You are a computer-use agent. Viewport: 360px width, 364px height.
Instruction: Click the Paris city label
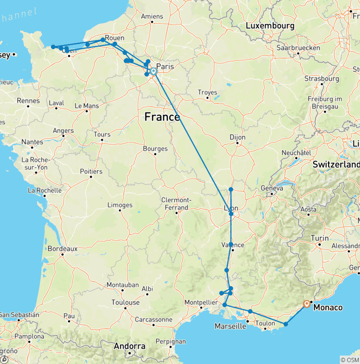pos(165,67)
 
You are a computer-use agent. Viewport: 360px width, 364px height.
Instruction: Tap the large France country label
pos(162,116)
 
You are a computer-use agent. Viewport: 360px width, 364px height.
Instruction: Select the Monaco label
pos(328,308)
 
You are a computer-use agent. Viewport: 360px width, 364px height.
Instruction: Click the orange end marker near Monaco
pos(307,303)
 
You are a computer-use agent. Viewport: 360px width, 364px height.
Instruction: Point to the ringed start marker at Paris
pos(153,71)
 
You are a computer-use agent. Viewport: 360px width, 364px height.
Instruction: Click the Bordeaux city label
pos(62,248)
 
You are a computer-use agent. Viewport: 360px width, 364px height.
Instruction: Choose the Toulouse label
pos(126,303)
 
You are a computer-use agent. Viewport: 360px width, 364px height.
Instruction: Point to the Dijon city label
pos(238,137)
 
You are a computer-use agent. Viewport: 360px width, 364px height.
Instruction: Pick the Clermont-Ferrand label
pos(174,204)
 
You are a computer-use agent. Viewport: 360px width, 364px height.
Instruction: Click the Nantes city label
pos(32,142)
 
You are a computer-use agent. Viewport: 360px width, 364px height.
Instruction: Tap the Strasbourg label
pos(321,78)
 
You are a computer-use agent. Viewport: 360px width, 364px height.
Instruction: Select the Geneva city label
pos(272,188)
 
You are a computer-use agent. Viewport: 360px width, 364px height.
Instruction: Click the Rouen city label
pos(115,38)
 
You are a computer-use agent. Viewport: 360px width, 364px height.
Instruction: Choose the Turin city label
pos(320,238)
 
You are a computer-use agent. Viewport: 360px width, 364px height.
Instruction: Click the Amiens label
pos(152,16)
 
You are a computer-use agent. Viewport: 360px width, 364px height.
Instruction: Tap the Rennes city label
pos(28,100)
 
